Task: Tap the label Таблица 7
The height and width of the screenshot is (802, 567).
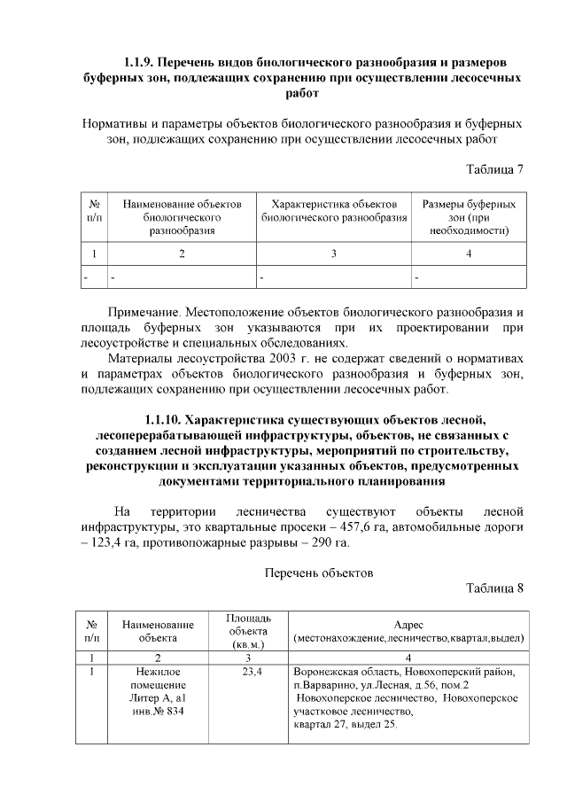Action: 495,170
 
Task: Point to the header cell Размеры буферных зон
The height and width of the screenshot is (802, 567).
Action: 469,217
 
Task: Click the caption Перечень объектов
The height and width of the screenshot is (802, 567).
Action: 319,572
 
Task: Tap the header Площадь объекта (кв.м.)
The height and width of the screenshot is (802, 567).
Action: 248,630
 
